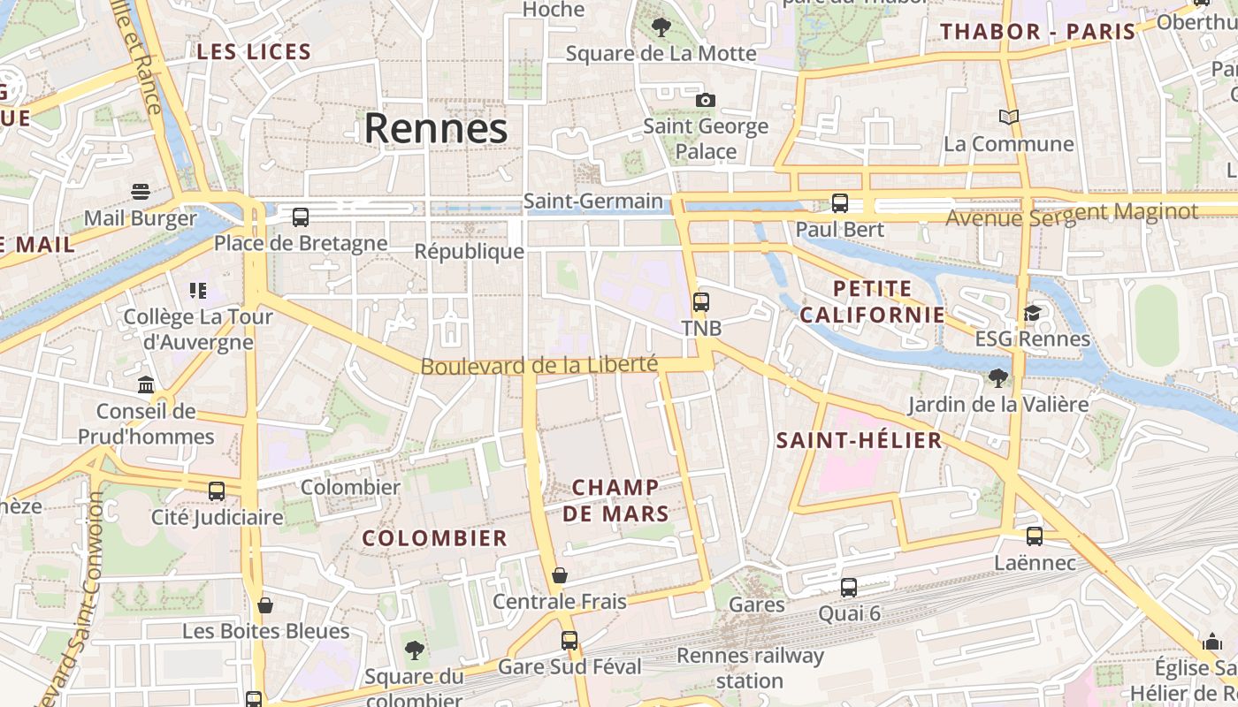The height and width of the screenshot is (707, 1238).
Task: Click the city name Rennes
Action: coord(436,129)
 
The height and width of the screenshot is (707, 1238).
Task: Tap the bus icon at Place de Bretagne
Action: coord(301,217)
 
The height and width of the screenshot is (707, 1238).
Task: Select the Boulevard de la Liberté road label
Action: coord(539,365)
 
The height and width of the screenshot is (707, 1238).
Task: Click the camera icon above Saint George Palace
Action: coord(705,100)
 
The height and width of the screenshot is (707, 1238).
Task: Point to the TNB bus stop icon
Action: coord(701,302)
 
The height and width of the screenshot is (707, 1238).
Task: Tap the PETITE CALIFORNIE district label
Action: coord(872,301)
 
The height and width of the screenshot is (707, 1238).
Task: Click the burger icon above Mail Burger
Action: coord(140,191)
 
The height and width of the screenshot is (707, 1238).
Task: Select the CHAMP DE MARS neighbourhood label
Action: coord(615,500)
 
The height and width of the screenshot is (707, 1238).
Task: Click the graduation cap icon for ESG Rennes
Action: coord(1032,313)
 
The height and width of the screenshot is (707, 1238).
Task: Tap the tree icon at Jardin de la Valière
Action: coord(998,378)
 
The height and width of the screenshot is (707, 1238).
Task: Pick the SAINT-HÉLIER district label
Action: coord(859,440)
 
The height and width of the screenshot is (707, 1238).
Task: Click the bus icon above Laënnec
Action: coord(1035,536)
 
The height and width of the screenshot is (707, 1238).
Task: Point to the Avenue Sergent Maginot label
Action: coord(1072,213)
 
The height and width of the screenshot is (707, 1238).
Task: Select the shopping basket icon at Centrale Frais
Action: coord(559,575)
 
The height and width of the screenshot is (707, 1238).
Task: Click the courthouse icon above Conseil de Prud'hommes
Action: coord(146,384)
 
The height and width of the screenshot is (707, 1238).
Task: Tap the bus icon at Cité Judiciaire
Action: coord(217,490)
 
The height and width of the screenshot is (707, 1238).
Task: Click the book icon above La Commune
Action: coord(1008,117)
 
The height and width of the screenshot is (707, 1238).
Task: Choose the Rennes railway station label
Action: coord(750,668)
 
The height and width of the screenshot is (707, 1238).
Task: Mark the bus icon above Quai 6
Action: coord(849,587)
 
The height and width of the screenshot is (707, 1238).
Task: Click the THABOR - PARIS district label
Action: coord(1037,32)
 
